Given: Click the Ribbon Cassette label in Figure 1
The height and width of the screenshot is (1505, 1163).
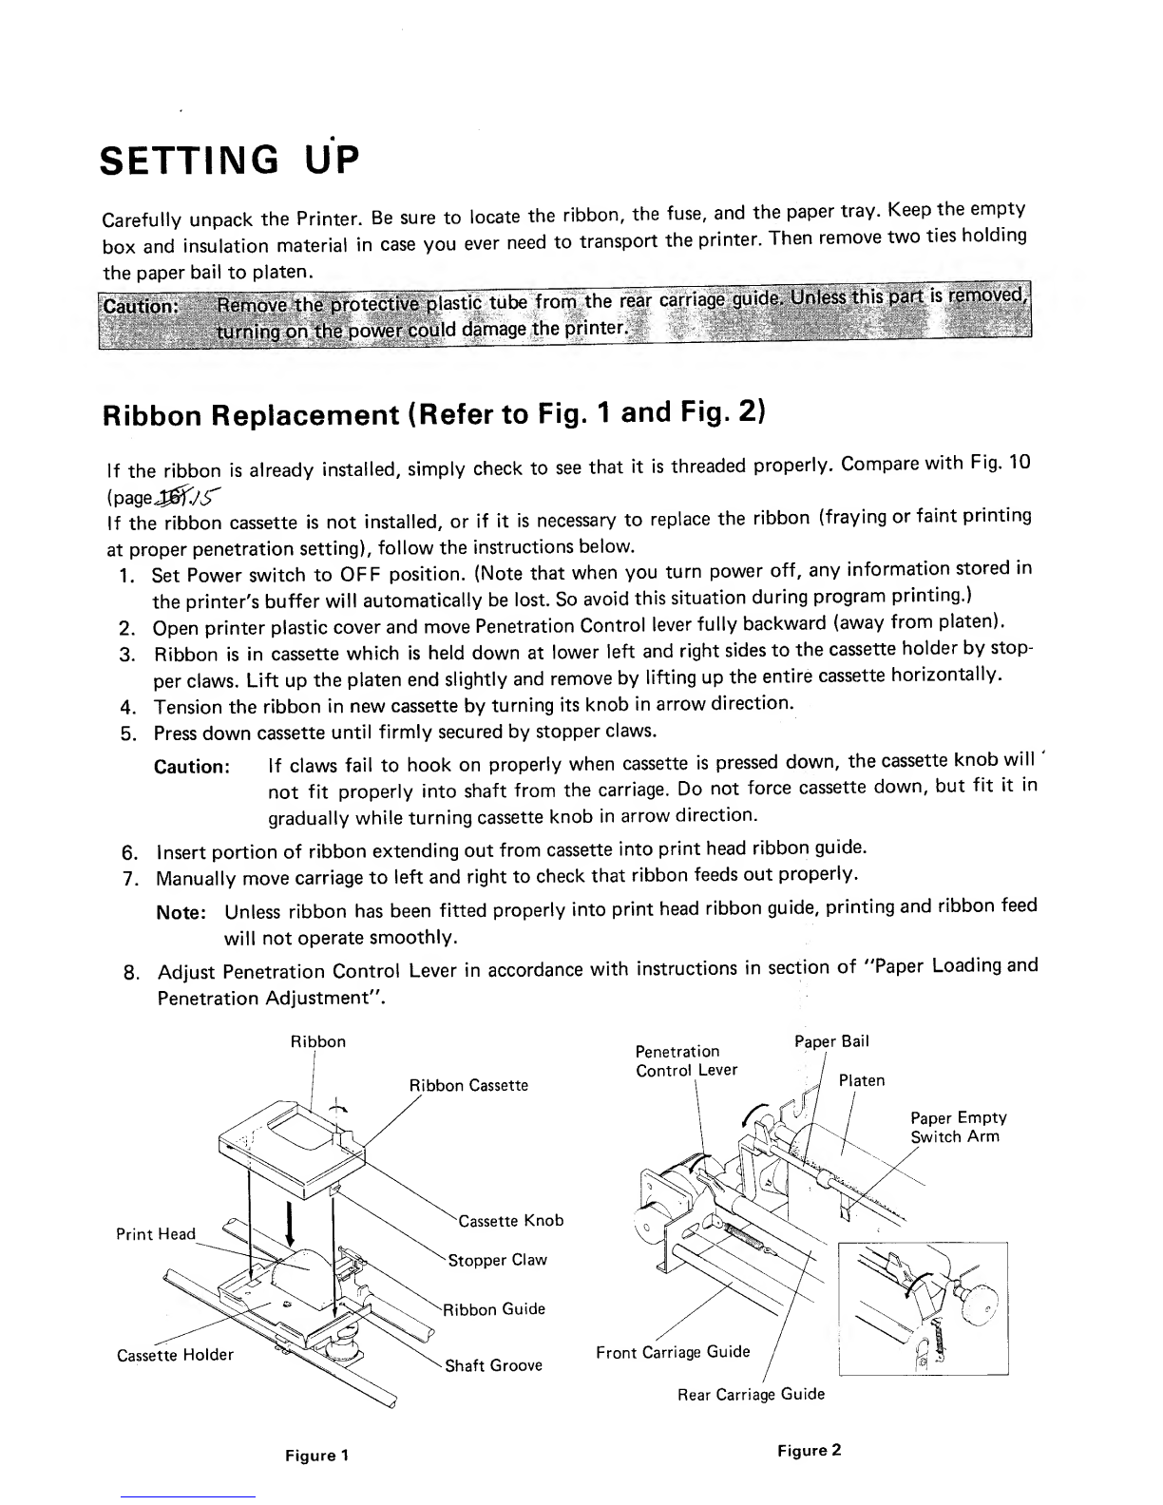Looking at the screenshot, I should (467, 1085).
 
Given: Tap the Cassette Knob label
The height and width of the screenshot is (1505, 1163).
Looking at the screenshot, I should (510, 1220).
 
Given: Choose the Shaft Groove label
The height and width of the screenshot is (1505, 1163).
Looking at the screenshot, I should (494, 1365).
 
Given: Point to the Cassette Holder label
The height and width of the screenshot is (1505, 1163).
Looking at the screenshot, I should (175, 1354).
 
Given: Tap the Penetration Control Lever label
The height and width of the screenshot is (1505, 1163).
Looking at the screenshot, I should (686, 1060).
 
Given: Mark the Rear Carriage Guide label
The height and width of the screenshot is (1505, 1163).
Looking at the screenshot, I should (751, 1394).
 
